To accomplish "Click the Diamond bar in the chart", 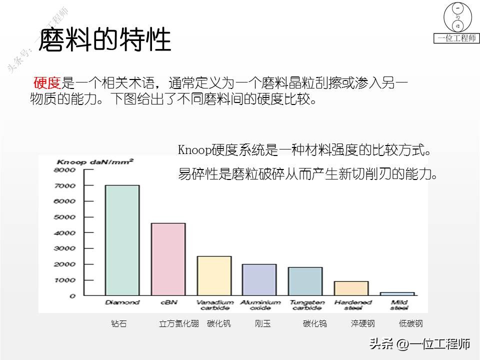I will [122, 240].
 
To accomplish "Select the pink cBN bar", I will [168, 259].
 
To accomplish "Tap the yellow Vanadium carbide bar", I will [214, 275].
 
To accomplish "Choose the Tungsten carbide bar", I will [305, 281].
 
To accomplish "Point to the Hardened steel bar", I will [351, 288].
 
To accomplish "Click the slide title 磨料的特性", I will [104, 40].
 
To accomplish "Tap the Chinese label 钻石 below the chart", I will [119, 323].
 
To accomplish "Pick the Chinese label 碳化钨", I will [315, 323].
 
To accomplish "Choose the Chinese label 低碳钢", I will [411, 323].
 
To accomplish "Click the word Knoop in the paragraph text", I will [194, 150].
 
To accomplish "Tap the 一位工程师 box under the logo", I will [456, 38].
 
